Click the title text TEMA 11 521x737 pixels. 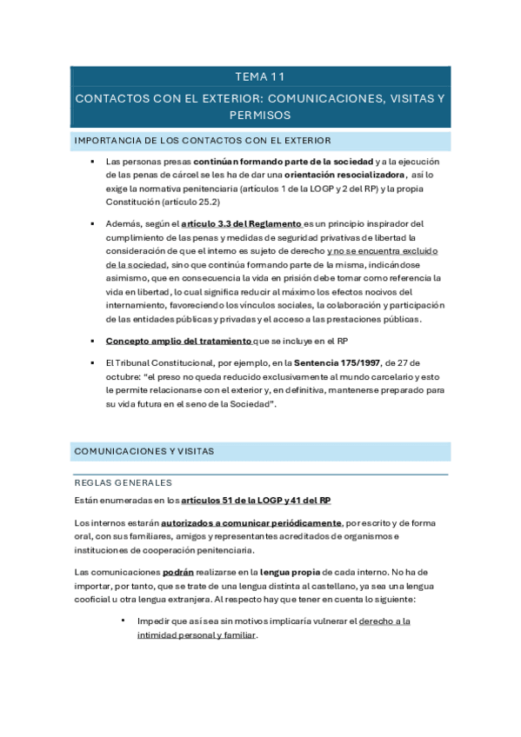click(259, 77)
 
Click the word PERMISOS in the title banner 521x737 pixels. click(259, 115)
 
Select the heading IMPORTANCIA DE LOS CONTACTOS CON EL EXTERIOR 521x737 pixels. click(202, 141)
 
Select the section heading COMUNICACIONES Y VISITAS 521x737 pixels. click(144, 452)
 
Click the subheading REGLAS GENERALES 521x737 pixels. click(123, 483)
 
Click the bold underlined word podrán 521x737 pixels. click(178, 572)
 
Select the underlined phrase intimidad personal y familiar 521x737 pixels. click(197, 635)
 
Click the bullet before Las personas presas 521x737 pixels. click(91, 163)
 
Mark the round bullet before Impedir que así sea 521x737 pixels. click(124, 621)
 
